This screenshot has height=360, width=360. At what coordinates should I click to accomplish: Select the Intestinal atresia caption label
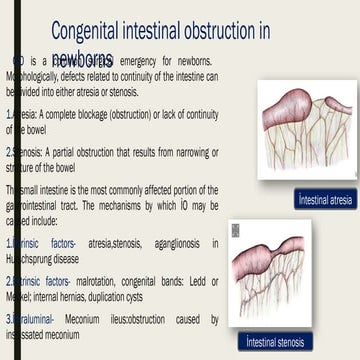point(326,200)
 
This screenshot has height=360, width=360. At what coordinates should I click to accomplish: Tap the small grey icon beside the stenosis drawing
point(235,230)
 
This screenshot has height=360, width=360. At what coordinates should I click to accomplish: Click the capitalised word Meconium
point(87,320)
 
